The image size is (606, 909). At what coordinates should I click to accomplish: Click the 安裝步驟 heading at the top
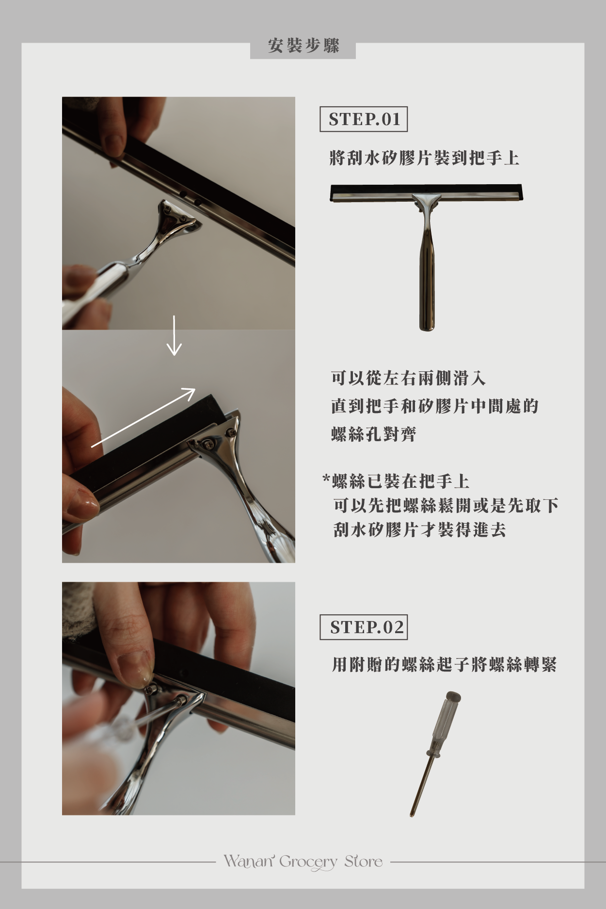pos(303,46)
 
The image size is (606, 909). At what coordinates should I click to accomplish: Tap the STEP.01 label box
pos(364,119)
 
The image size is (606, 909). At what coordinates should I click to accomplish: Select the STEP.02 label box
pos(364,627)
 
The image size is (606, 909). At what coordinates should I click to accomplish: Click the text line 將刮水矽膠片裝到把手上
pos(424,158)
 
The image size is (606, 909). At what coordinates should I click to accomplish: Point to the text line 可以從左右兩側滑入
pos(408,378)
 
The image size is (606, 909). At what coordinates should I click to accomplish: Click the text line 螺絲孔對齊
pos(374,434)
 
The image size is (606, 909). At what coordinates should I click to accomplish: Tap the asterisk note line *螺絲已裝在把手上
pos(396,481)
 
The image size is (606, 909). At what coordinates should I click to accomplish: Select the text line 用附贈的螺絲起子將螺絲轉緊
pos(444,664)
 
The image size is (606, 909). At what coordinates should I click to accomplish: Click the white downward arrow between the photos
pos(174,335)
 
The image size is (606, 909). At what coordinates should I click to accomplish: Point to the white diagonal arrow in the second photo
pos(144,417)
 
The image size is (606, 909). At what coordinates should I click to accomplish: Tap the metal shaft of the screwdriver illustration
pos(421,785)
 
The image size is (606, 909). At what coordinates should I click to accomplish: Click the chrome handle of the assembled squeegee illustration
pos(427,271)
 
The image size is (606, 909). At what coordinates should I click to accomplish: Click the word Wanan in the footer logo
pos(249,861)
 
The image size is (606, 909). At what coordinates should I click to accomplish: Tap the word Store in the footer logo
pos(364,861)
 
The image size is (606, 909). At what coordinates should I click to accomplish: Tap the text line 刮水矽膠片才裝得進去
pos(420,530)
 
